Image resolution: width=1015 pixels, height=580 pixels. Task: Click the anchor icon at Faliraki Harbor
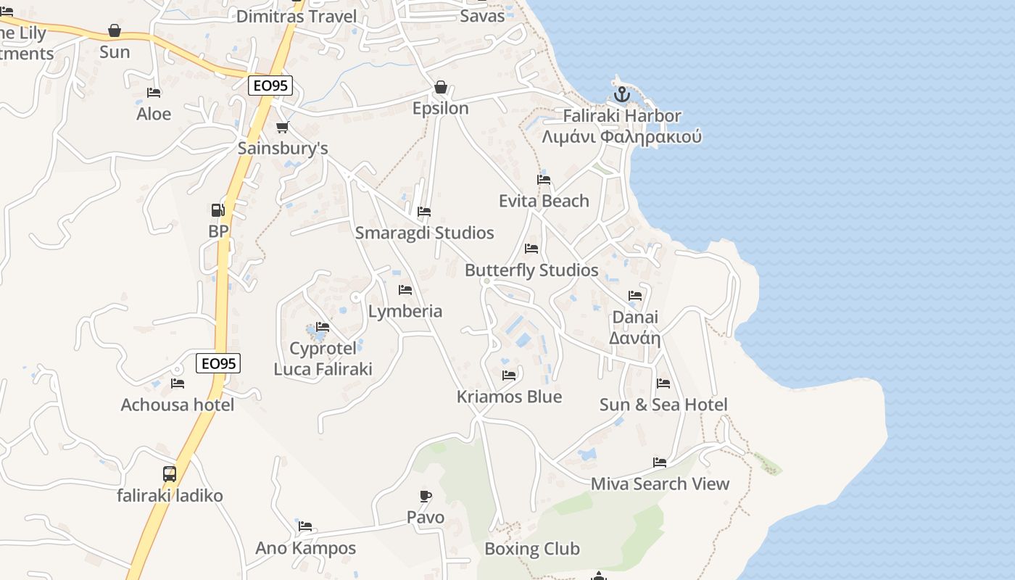coord(621,94)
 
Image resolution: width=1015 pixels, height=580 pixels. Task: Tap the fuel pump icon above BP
coord(217,210)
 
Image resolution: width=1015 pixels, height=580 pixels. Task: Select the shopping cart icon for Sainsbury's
coord(282,128)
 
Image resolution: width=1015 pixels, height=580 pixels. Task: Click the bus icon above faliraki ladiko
coord(170,474)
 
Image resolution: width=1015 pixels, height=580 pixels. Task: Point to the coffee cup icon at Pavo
coord(426,496)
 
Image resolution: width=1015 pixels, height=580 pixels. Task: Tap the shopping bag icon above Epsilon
coord(440,87)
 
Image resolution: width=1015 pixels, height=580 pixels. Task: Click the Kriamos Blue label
coord(509,397)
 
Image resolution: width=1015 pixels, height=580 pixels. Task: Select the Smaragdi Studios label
coord(424,233)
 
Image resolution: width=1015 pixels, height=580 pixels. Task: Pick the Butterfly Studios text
coord(531,270)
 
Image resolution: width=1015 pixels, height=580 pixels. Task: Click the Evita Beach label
coord(544,201)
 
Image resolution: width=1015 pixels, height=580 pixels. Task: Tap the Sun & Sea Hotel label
coord(663,405)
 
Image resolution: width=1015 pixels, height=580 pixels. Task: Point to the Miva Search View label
coord(660,484)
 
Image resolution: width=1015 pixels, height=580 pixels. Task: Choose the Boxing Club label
coord(532,549)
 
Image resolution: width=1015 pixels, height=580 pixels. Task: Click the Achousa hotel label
coord(178,405)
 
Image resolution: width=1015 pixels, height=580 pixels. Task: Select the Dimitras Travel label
coord(297,16)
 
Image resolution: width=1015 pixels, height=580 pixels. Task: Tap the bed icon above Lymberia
coord(405,290)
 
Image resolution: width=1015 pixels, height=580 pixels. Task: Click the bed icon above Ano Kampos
coord(305,526)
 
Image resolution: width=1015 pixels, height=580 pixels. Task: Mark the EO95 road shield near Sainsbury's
coord(270,86)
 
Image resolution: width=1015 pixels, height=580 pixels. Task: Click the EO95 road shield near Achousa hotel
coord(218,363)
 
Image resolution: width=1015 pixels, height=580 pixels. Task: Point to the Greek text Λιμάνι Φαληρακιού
coord(622,137)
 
